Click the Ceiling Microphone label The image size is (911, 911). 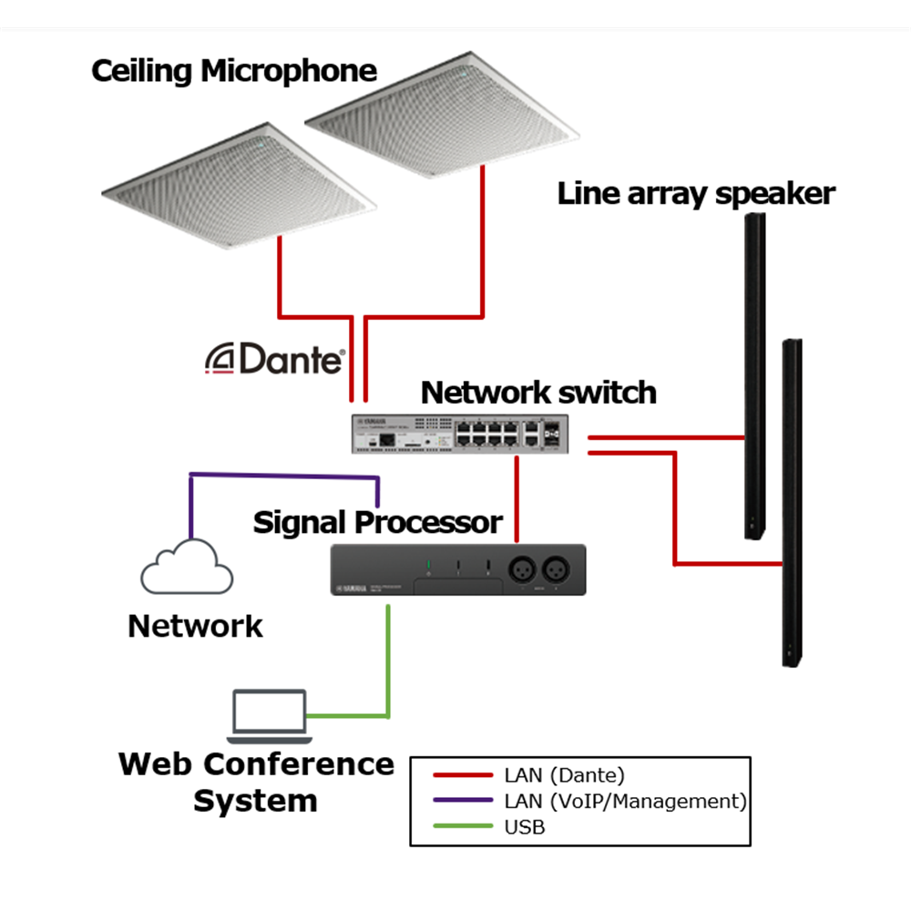coord(234,71)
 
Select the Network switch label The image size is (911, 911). coord(538,393)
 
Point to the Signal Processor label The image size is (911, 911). coord(377,523)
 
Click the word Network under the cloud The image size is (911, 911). coord(195,627)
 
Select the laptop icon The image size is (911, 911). coord(268,713)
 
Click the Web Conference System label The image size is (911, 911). coord(256,782)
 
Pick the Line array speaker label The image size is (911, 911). coord(696,193)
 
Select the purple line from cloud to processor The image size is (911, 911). coord(282,475)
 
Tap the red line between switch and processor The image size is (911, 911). coord(517,497)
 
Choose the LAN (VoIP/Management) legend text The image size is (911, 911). coord(625,802)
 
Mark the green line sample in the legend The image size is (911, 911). coord(462,827)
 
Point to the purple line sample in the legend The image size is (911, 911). coord(462,802)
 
